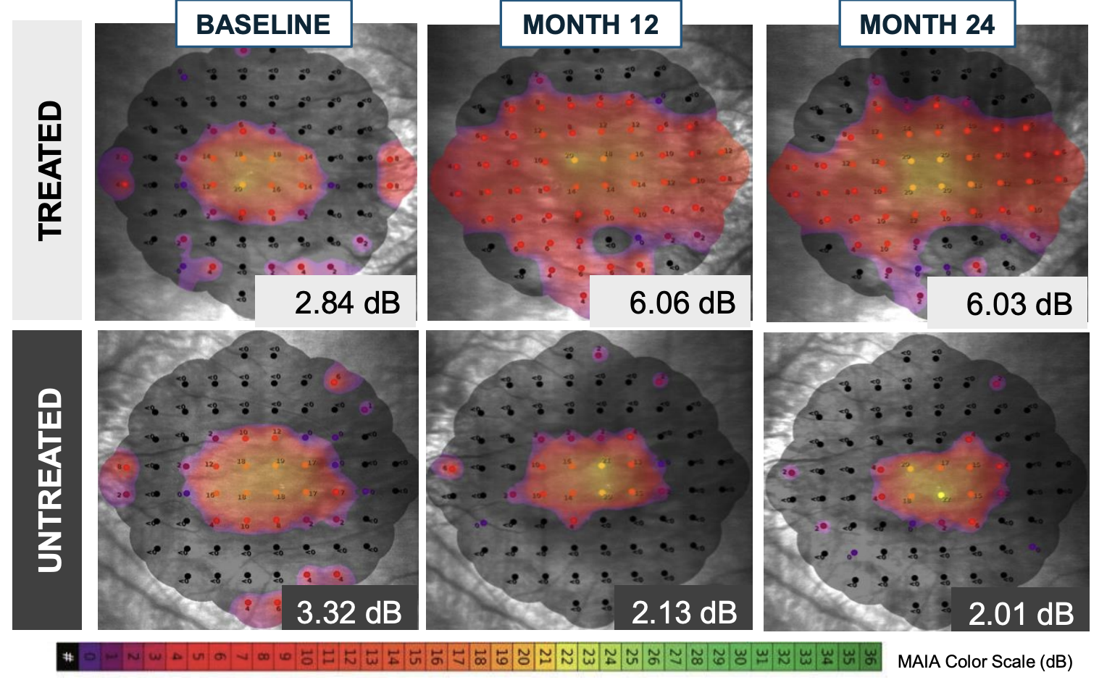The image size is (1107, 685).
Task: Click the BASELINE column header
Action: point(264,25)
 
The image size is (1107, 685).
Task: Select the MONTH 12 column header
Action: point(590,25)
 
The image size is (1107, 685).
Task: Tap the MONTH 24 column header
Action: point(927,25)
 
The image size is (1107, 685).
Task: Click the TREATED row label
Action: point(49,170)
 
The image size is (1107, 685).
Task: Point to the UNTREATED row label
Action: point(49,480)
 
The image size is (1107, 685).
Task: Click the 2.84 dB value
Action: point(347,303)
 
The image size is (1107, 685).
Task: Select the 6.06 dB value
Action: point(682,303)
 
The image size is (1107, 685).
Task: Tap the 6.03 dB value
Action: point(1019,304)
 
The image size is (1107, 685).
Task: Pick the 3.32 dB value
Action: point(348,613)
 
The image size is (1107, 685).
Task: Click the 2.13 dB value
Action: point(684,613)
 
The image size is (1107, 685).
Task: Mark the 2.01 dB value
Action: point(1021,614)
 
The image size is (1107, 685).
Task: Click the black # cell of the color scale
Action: point(68,657)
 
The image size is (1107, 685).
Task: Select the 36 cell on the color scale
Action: point(870,657)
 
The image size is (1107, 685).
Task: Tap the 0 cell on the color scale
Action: point(90,657)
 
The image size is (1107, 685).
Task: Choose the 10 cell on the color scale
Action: point(306,657)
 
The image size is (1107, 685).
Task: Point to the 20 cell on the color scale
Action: point(523,657)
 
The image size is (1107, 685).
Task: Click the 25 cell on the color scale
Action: point(632,657)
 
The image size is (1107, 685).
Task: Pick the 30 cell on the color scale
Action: point(740,657)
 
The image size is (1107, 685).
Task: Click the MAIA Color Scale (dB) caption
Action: point(985,661)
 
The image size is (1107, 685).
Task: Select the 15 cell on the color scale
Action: point(415,657)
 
